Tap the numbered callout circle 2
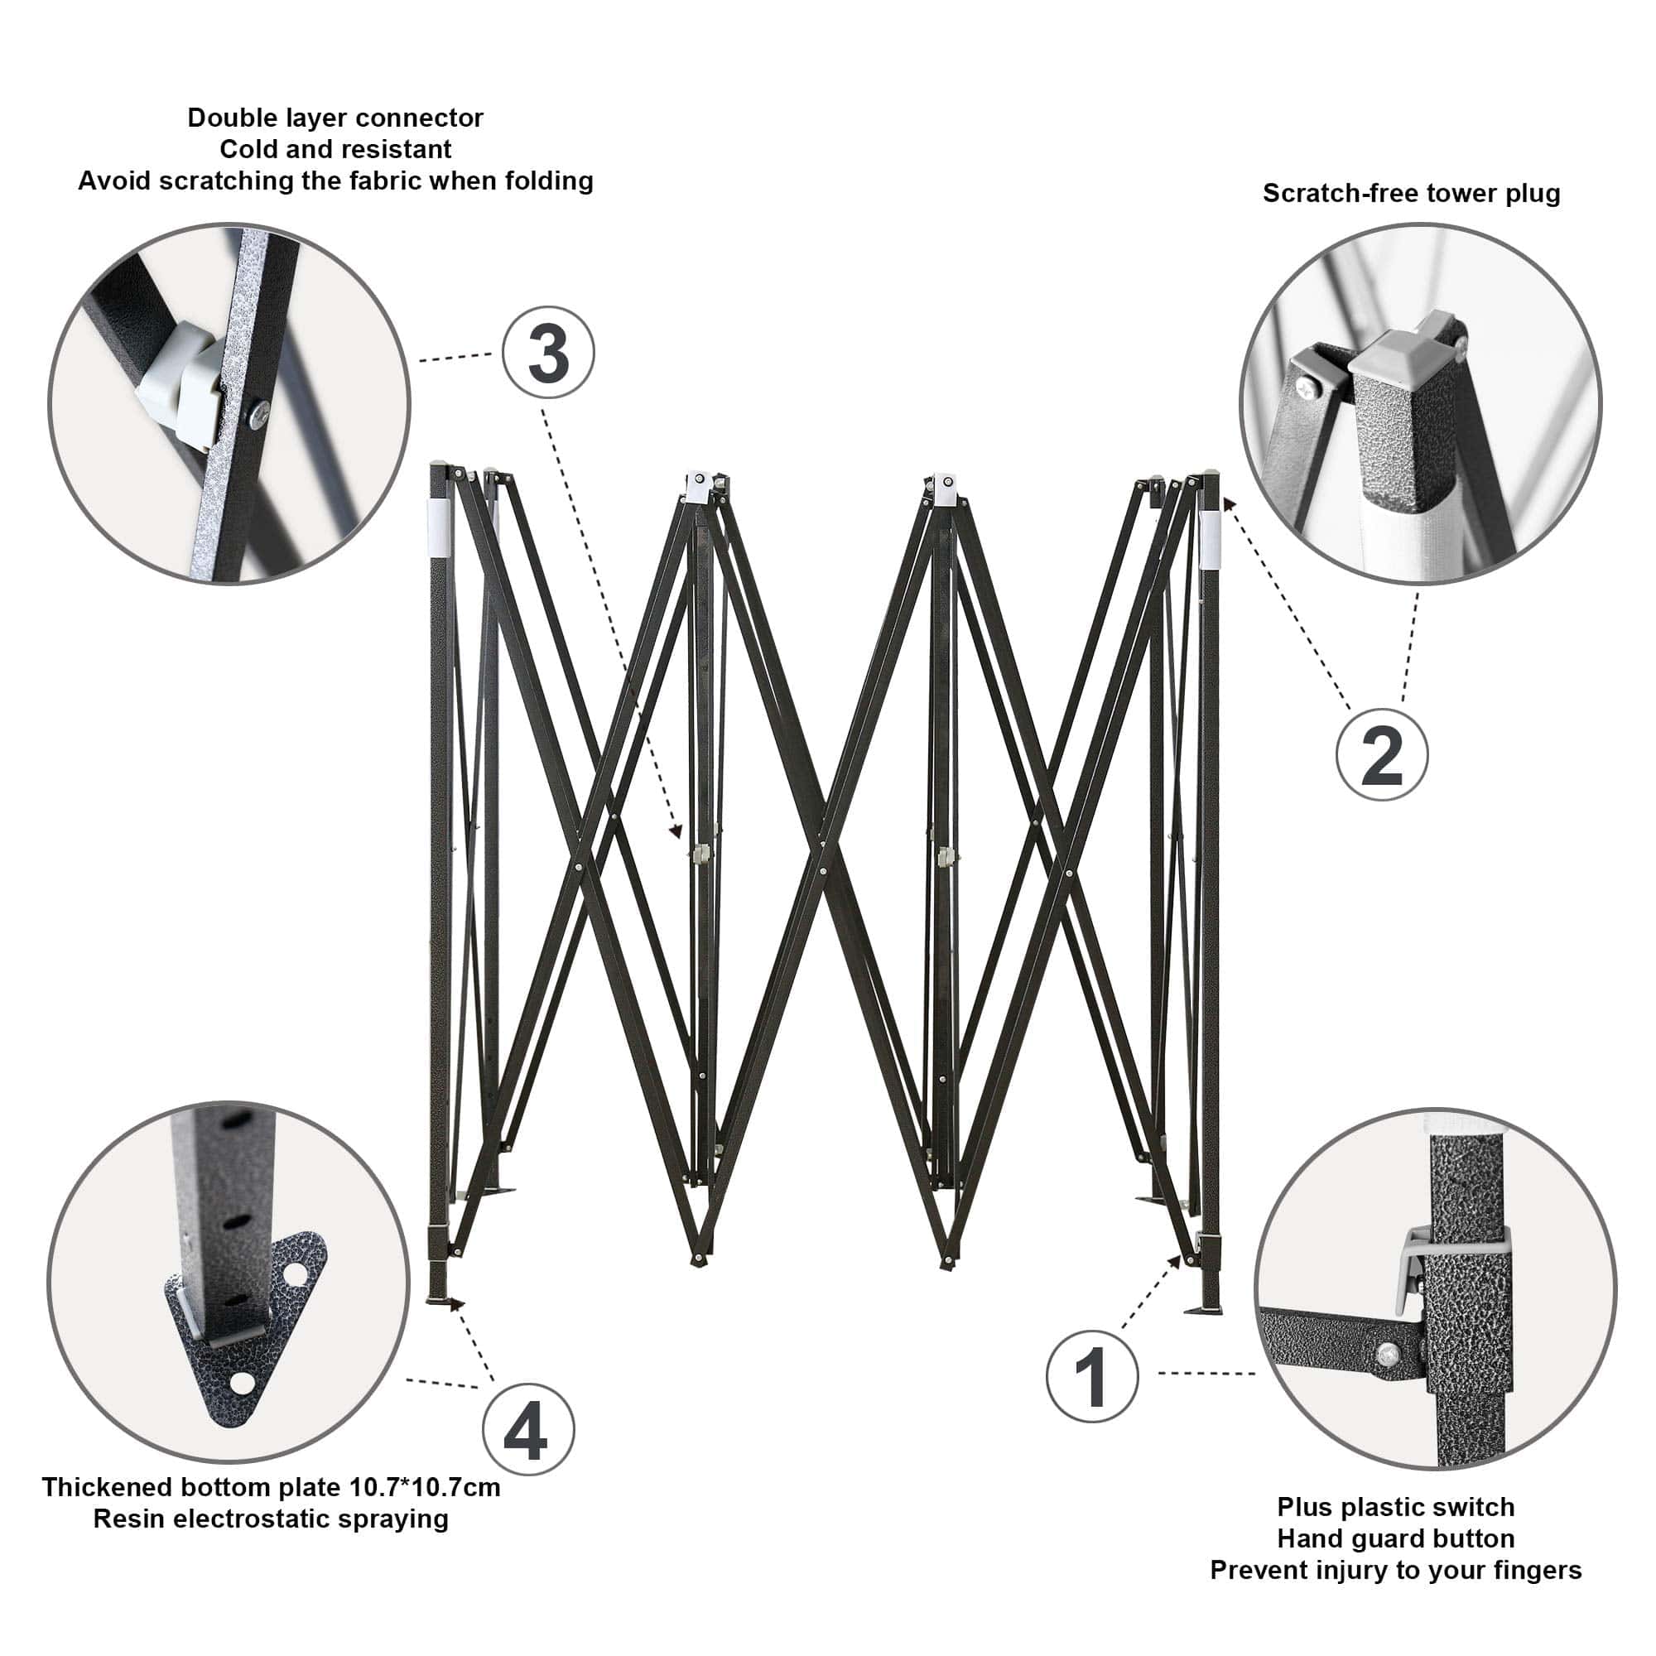coord(1382,754)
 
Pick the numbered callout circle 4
coord(528,1429)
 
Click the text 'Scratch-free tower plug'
coord(1411,194)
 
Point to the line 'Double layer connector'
coord(335,118)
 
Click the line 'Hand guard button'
coord(1395,1538)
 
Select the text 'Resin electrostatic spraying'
coord(271,1519)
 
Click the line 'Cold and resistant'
coord(335,149)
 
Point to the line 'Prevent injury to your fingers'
coord(1395,1570)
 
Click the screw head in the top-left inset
coord(258,415)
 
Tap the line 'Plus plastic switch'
coord(1395,1507)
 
